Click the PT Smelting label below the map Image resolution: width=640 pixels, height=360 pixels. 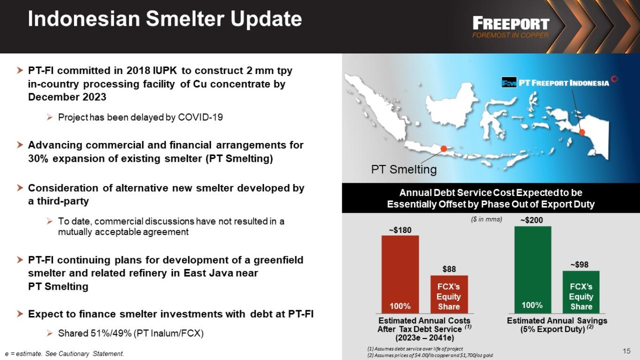[404, 169]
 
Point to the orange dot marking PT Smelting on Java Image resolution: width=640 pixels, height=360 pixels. [444, 149]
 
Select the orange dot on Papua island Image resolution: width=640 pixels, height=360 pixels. [582, 132]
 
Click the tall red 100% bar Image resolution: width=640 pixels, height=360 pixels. [400, 274]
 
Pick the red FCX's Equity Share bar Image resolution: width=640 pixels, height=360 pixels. [449, 294]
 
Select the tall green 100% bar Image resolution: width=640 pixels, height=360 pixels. [533, 270]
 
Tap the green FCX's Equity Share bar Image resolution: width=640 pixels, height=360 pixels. [581, 292]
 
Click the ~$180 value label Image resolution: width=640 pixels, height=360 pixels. [400, 230]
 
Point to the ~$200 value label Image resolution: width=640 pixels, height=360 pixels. [531, 220]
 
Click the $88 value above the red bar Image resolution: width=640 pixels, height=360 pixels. [449, 269]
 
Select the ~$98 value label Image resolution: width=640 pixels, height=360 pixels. [580, 265]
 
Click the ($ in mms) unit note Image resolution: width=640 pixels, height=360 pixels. [486, 219]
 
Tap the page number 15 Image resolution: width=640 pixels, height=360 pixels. [626, 351]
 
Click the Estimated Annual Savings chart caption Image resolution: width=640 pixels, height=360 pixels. [557, 325]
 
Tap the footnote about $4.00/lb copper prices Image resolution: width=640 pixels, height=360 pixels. [430, 355]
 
